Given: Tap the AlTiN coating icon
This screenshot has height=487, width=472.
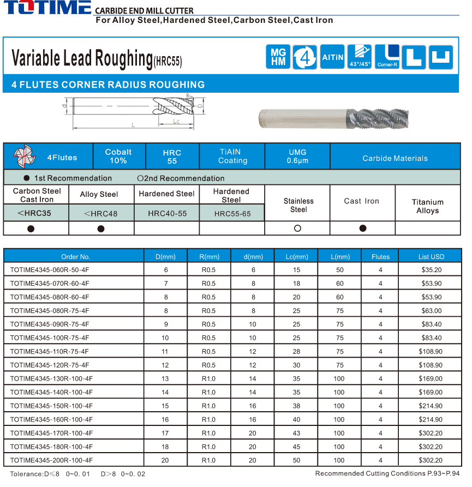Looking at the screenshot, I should click(332, 57).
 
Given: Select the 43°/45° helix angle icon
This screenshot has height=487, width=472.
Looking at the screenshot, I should click(359, 57).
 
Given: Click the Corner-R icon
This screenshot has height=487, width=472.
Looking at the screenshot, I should click(387, 57).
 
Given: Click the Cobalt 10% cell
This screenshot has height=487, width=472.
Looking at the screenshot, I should click(118, 156).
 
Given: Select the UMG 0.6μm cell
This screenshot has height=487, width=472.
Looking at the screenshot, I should click(297, 156).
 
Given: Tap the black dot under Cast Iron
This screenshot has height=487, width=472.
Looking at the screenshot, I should click(362, 229).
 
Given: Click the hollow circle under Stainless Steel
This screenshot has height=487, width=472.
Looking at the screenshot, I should click(297, 229).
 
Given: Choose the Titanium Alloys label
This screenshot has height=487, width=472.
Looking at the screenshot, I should click(427, 206).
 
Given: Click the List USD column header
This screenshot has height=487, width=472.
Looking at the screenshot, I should click(431, 256).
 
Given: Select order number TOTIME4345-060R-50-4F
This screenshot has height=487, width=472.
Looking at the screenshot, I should click(50, 270).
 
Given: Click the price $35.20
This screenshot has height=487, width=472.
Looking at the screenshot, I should click(431, 270).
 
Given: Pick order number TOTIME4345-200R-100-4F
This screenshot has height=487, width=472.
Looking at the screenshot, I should click(51, 460).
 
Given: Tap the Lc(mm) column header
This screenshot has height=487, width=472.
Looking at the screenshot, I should click(297, 256).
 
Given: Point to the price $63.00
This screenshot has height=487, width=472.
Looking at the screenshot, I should click(431, 311).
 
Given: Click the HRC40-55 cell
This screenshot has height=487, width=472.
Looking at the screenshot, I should click(167, 213).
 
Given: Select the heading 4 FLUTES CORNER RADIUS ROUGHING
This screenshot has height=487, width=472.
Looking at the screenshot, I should click(108, 85).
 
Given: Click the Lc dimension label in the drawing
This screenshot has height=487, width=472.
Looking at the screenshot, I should click(176, 122).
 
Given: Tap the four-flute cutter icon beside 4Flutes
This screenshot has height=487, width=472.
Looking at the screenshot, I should click(22, 157).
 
